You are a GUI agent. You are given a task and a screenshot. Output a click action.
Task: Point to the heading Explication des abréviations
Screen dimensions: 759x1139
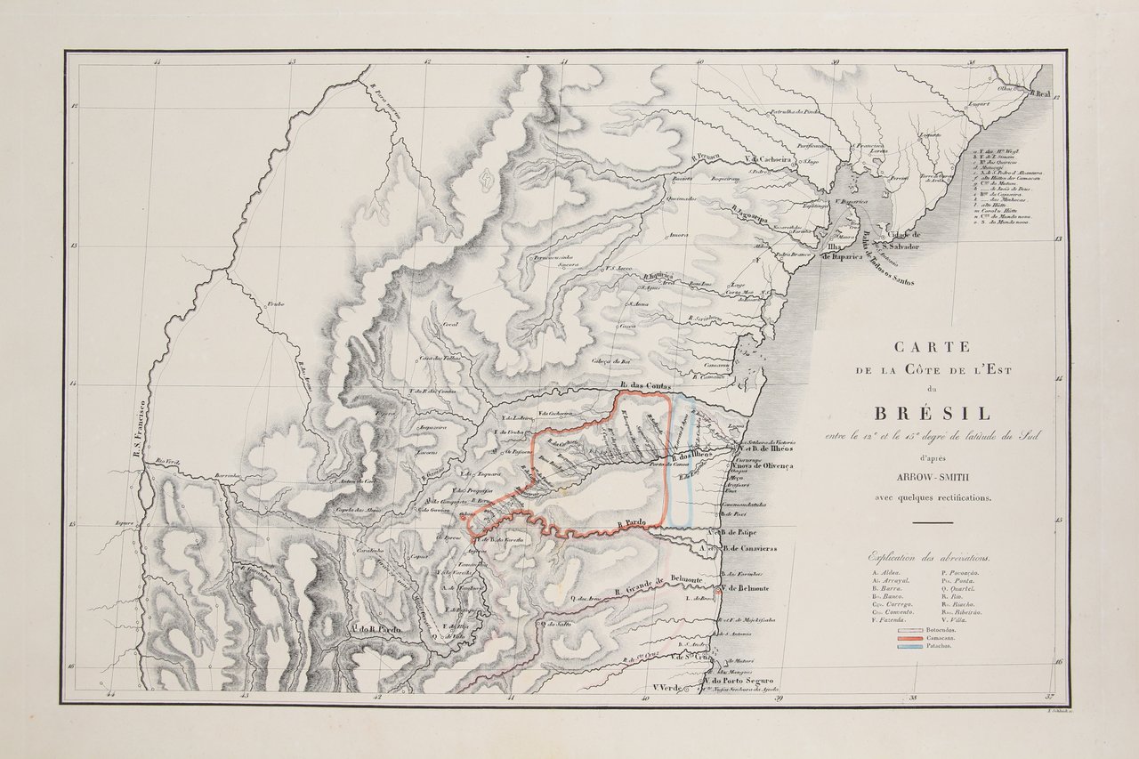931,553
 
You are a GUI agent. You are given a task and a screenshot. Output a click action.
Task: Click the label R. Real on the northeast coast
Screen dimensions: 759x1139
1040,93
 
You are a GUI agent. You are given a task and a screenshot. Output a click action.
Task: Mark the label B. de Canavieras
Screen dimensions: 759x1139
746,548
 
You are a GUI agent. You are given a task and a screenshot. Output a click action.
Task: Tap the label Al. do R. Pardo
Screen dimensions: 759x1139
378,629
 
